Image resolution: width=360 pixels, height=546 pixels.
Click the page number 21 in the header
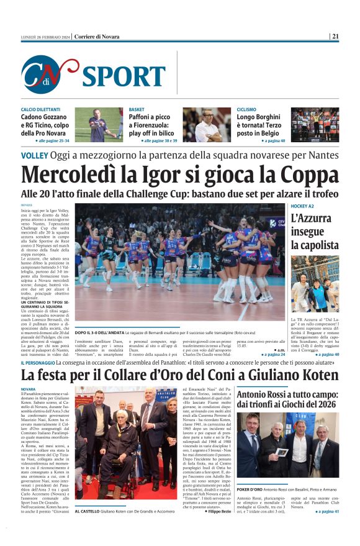pos(335,37)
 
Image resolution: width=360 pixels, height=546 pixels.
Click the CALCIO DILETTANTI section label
pos(41,109)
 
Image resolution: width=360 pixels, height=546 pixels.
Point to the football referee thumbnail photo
pos(99,125)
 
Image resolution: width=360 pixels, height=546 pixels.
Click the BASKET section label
pos(137,109)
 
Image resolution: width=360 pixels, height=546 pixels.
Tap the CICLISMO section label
pos(247,109)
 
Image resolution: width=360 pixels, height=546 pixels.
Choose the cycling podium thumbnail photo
pos(315,125)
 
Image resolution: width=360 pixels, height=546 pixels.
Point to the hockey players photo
pos(315,284)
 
